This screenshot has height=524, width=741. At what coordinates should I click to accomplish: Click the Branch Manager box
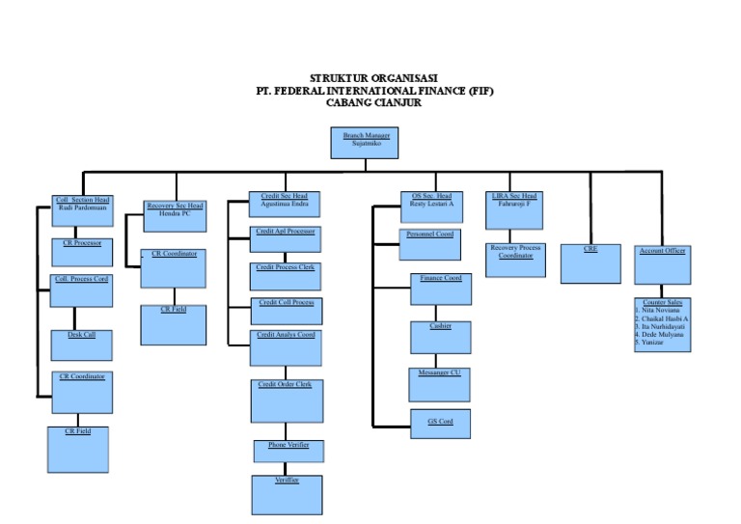[x=366, y=143]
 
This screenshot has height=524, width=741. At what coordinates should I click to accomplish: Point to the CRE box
[x=590, y=263]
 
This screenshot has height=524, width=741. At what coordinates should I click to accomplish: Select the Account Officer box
[x=662, y=263]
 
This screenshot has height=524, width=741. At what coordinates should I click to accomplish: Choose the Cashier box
[x=440, y=338]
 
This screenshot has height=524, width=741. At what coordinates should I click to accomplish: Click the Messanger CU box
[x=440, y=383]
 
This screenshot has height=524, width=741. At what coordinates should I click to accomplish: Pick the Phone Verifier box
[x=286, y=450]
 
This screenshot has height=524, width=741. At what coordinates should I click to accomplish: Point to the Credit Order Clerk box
[x=286, y=400]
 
